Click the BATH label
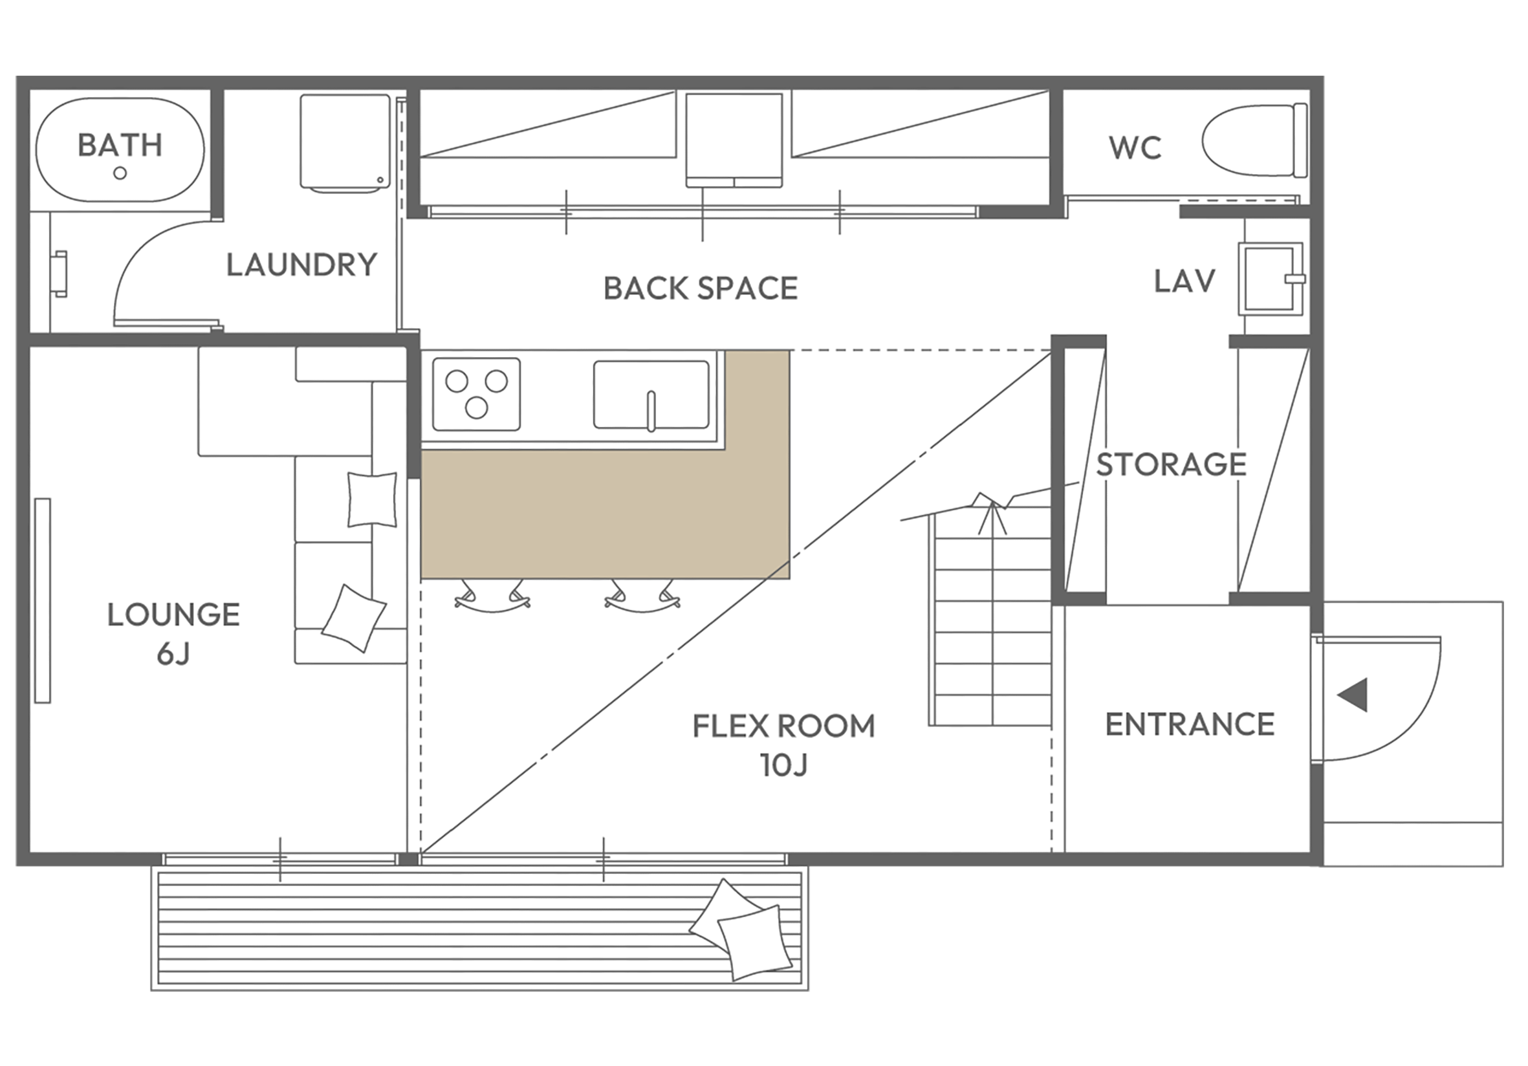120,145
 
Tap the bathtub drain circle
120,173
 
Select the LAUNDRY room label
302,265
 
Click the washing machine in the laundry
345,143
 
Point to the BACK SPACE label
701,288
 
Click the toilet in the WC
1254,140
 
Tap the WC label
1135,147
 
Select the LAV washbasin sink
1271,279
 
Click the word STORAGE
1172,464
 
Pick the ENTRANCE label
1190,724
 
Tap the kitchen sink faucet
651,411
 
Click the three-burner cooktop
477,395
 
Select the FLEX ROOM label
784,726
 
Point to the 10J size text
784,765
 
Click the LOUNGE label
174,615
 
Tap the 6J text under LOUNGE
174,654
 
